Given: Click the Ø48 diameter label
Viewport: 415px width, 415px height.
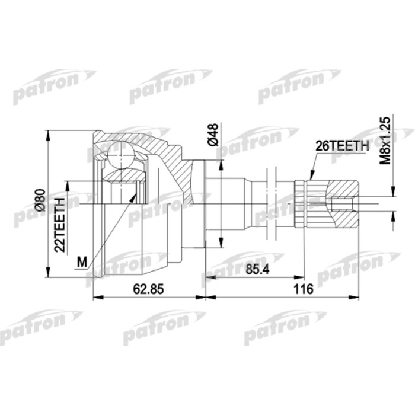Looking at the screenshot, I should click(214, 136).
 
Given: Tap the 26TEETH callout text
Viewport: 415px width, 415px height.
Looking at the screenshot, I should click(342, 145).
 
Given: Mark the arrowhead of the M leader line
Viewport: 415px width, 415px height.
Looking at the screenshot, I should click(138, 189).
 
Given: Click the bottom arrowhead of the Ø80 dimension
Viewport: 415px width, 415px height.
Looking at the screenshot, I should click(47, 274).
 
